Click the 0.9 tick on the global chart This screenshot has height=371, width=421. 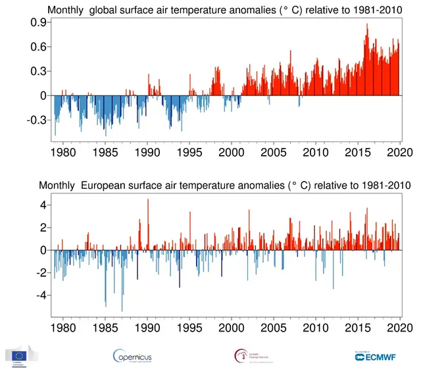pyautogui.click(x=37, y=22)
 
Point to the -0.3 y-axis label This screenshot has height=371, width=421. pyautogui.click(x=35, y=120)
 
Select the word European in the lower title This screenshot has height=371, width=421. pyautogui.click(x=105, y=185)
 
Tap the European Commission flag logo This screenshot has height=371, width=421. pyautogui.click(x=22, y=356)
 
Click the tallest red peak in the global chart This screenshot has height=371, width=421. pyautogui.click(x=366, y=24)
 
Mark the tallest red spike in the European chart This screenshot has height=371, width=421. pyautogui.click(x=147, y=199)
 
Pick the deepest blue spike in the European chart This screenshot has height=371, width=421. pyautogui.click(x=122, y=310)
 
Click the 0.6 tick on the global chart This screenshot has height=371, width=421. pyautogui.click(x=37, y=47)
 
